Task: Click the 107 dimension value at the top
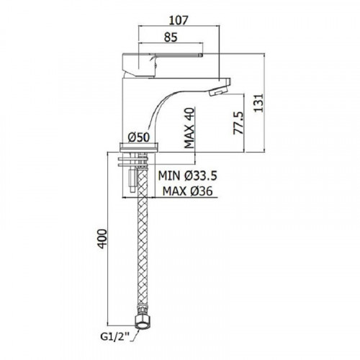tap(179, 20)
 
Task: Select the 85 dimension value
tap(171, 37)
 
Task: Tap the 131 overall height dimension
tap(258, 103)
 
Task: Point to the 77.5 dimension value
tap(238, 122)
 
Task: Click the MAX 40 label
tap(189, 128)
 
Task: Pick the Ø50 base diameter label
tap(138, 138)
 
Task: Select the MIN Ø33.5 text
tap(187, 176)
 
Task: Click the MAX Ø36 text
tap(187, 192)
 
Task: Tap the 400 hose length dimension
tap(102, 239)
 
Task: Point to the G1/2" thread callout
tap(114, 337)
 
